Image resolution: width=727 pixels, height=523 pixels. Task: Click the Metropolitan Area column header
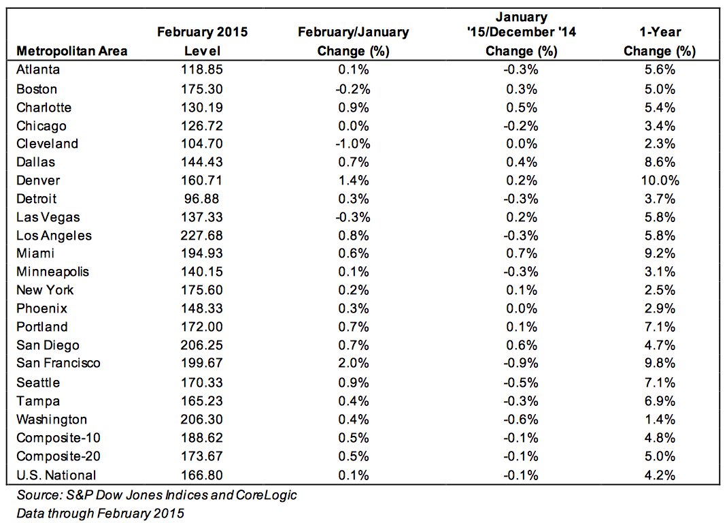[72, 50]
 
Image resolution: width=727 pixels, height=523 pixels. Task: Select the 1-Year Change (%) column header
[660, 42]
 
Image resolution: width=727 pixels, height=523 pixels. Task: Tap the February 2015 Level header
[202, 42]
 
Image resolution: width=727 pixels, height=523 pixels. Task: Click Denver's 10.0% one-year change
[660, 180]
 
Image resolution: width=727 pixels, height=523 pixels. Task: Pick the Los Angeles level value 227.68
[202, 236]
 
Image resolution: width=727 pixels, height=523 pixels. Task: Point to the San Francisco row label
[58, 363]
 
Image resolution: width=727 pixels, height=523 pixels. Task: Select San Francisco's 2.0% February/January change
[354, 363]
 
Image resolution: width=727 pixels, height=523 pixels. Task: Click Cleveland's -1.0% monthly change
[353, 144]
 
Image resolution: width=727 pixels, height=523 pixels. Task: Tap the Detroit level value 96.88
[202, 199]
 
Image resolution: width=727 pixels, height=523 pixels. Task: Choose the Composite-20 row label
[58, 456]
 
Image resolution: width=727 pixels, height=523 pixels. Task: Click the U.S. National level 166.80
[202, 475]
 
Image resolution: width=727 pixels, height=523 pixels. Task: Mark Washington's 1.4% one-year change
[660, 419]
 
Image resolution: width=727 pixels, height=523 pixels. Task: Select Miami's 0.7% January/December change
[522, 253]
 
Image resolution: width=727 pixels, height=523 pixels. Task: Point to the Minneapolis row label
[52, 272]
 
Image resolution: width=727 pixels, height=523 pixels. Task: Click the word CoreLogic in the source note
[266, 495]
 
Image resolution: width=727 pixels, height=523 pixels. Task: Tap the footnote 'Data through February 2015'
[100, 513]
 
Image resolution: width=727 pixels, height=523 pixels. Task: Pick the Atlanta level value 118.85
[202, 69]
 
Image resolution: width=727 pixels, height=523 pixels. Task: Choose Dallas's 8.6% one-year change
[660, 162]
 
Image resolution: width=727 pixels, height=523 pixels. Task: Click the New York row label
[45, 290]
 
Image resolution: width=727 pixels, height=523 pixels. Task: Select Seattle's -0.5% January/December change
[521, 383]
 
